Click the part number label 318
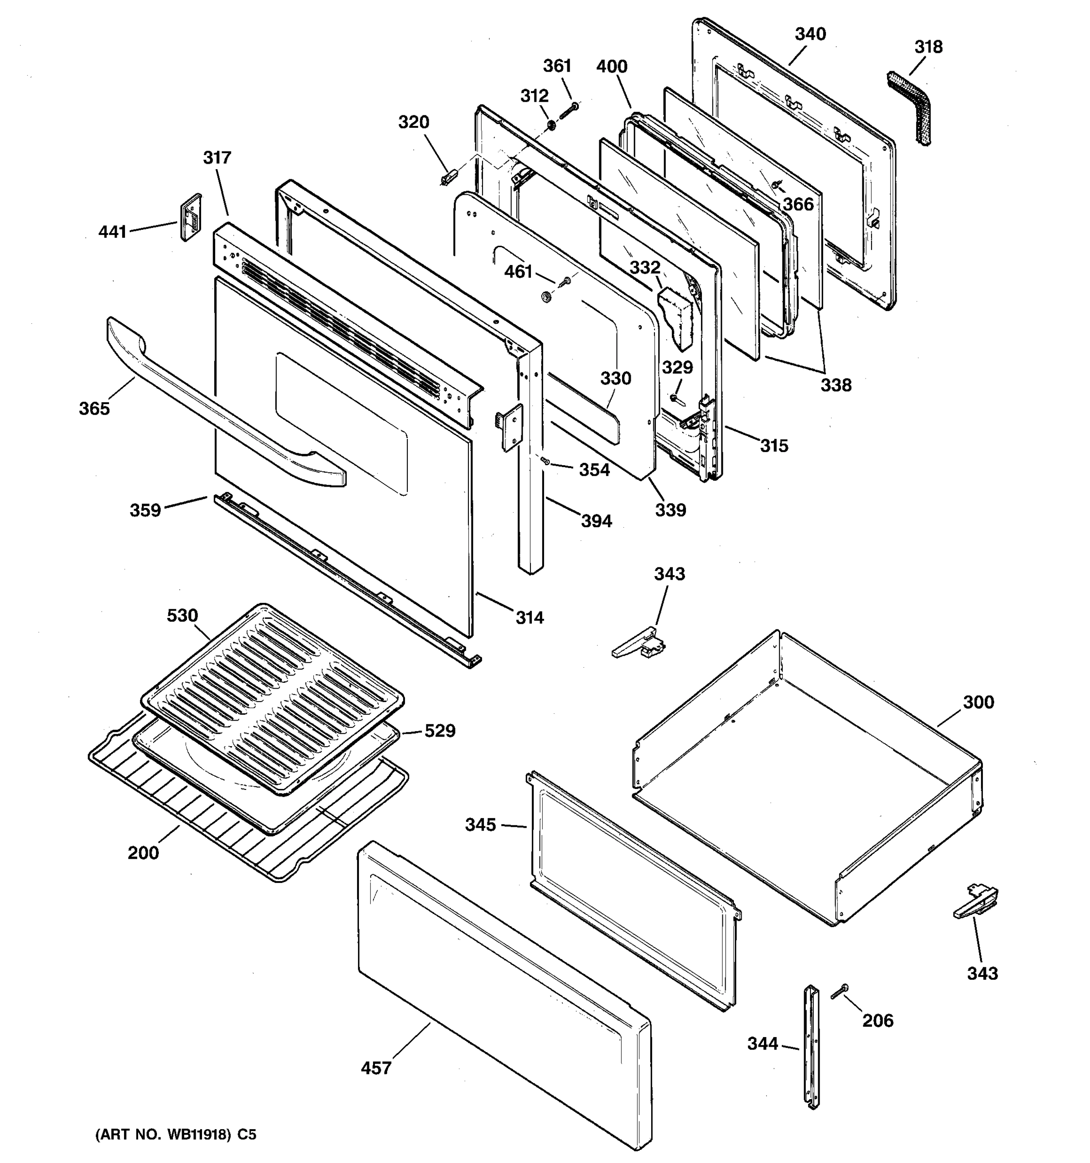[x=928, y=47]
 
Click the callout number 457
[x=375, y=1068]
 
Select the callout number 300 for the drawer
[x=978, y=702]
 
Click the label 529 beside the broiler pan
[x=439, y=731]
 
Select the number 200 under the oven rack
[x=143, y=853]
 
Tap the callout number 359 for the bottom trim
[x=145, y=510]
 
